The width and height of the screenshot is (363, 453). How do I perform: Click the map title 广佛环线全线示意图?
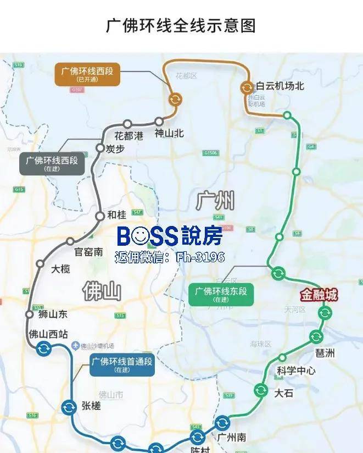[181, 25]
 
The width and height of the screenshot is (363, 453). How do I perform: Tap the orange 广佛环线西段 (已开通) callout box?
[88, 74]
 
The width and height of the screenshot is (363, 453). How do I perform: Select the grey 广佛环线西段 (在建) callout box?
[52, 164]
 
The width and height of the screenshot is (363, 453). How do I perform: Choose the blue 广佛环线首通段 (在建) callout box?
[122, 364]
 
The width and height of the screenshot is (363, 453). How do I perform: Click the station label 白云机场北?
[280, 86]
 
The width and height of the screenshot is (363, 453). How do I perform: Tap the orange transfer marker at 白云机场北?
[247, 86]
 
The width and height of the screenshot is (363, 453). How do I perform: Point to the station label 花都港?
[129, 135]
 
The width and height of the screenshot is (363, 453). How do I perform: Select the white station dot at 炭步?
[100, 148]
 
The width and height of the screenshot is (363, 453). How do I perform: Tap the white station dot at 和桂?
[99, 216]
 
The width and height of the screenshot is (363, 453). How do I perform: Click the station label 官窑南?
[88, 252]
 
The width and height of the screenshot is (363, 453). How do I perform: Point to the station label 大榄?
[60, 269]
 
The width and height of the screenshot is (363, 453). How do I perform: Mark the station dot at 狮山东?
[30, 314]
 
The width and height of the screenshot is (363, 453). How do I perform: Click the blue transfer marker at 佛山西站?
[43, 348]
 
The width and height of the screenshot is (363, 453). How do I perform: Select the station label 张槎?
[91, 406]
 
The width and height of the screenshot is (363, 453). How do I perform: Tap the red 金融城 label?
[319, 295]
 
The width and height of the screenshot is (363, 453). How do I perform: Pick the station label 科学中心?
[296, 371]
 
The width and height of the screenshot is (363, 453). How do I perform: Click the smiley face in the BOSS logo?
[141, 236]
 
